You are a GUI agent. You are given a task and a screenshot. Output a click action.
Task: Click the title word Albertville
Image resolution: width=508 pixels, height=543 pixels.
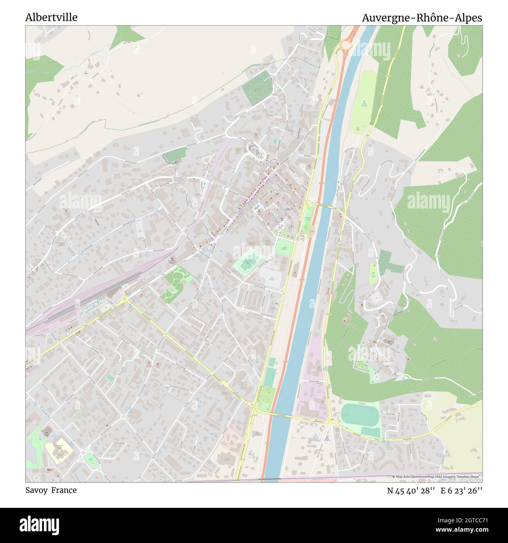[x=51, y=18]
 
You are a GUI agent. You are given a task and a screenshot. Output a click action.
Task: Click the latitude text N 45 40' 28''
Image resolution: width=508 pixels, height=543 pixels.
[x=411, y=491]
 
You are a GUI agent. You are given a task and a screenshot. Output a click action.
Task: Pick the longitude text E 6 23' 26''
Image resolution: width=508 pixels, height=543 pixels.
[x=461, y=491]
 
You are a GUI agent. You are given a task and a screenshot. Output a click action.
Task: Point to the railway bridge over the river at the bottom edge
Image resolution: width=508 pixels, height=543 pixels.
[x=270, y=478]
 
